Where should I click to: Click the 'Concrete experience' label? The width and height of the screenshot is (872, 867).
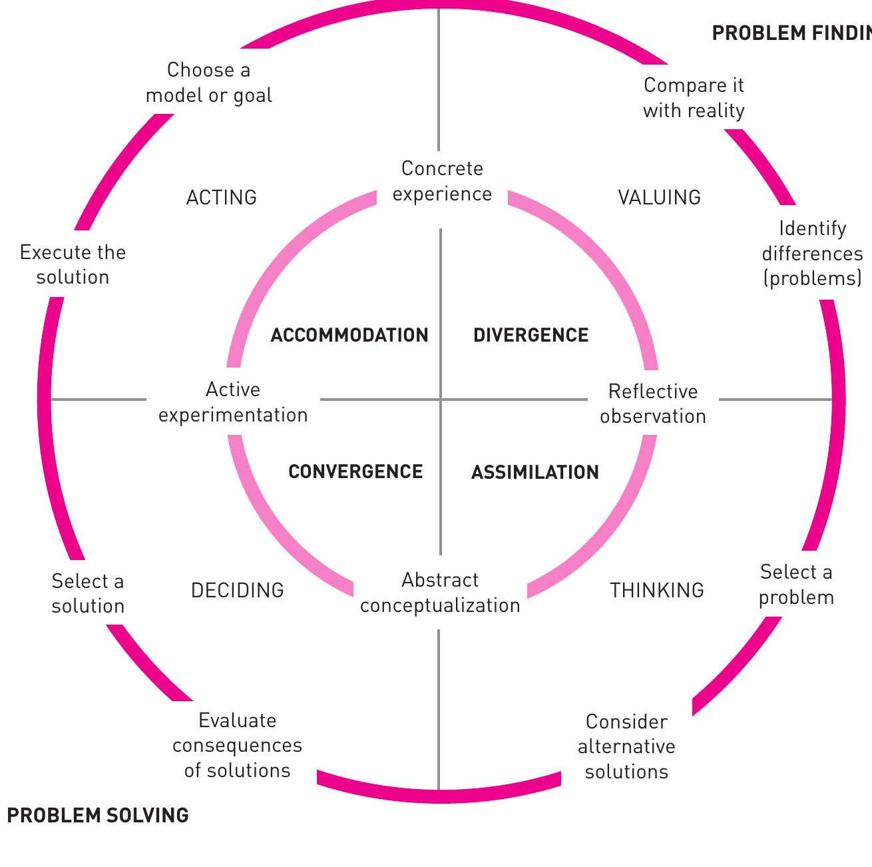coord(442,181)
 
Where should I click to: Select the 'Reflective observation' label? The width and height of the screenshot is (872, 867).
coord(652,404)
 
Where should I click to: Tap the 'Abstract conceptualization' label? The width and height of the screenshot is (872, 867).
coord(440,593)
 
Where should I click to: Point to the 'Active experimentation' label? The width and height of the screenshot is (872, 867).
coord(233,402)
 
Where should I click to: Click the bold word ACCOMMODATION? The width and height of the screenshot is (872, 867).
coord(349,335)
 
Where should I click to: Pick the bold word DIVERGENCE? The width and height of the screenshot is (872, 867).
coord(531,335)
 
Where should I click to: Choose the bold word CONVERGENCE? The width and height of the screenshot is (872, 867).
coord(355,472)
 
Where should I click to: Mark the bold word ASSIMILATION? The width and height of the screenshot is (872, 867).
coord(535,473)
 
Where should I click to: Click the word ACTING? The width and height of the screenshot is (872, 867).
coord(221,198)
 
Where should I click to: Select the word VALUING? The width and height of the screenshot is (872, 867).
coord(659,198)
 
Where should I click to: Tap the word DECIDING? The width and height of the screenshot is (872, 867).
coord(237,591)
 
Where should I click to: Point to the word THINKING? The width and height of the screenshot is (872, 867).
coord(657,591)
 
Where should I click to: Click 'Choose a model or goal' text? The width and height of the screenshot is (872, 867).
coord(208,83)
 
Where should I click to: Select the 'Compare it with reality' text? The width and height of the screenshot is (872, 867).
coord(694,98)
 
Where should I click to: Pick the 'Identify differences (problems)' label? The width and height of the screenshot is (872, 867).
coord(812,254)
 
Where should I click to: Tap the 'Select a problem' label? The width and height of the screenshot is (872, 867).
coord(796,585)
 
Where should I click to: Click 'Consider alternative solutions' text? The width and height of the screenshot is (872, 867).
coord(626,747)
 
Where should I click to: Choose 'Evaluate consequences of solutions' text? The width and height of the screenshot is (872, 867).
coord(237,746)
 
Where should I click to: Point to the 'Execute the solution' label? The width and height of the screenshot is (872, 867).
coord(73,265)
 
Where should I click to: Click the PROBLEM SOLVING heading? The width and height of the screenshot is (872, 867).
coord(98,816)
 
